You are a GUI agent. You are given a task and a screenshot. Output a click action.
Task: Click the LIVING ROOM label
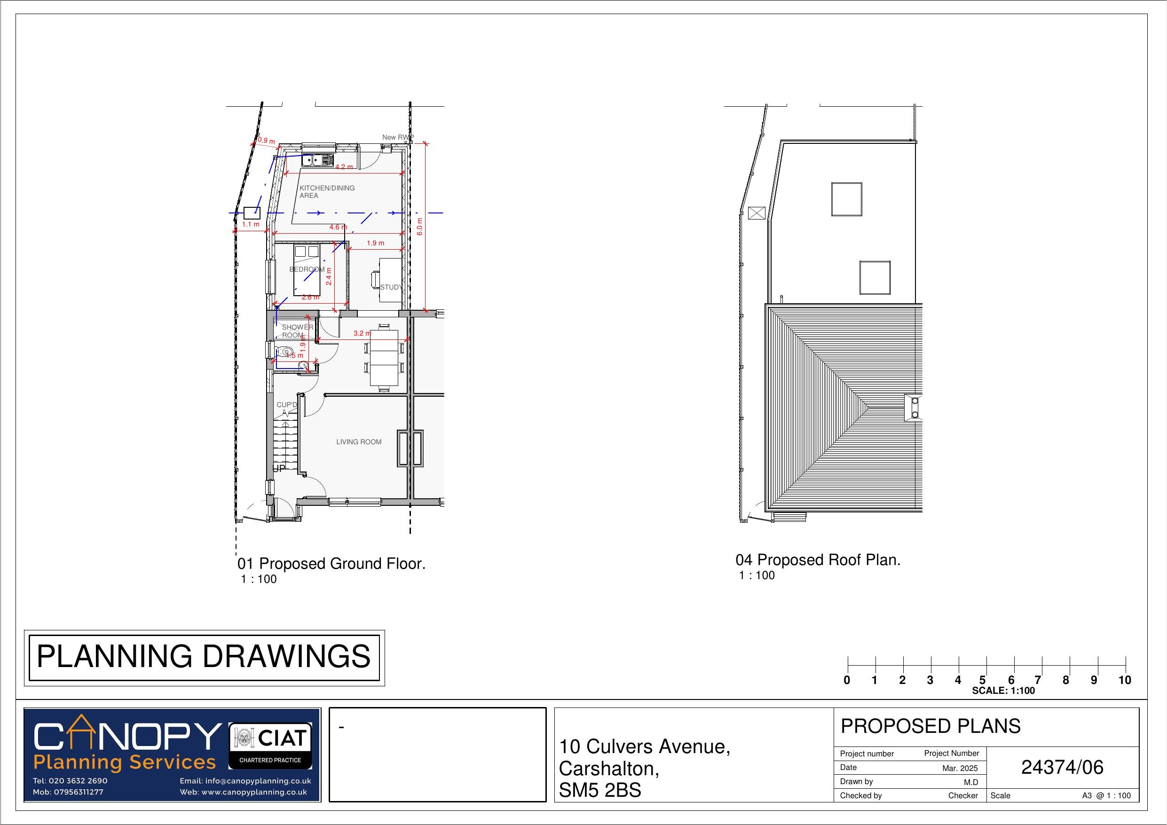coord(358,442)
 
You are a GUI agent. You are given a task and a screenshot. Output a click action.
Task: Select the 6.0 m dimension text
coord(419,226)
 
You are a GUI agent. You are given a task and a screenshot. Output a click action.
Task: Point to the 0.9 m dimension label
coord(266,141)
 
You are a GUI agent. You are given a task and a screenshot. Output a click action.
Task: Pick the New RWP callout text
coord(397,137)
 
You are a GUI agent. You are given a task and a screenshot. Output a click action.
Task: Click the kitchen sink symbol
coord(316,161)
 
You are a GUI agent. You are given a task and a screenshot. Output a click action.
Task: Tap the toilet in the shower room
coord(285,351)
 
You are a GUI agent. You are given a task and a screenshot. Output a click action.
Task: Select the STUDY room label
coord(391,287)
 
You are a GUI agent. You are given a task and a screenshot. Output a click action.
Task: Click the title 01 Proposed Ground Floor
coord(331,564)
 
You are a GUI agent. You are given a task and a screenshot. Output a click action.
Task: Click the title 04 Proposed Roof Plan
coord(818,560)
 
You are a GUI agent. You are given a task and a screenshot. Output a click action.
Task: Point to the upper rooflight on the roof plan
coord(847,199)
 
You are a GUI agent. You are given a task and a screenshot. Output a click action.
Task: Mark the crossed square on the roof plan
coord(757,213)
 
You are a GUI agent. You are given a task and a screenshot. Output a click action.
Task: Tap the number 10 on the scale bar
coord(1124,681)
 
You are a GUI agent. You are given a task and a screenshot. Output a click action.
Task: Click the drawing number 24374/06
coord(1062,768)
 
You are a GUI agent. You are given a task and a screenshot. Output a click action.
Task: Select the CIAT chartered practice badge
coord(270,746)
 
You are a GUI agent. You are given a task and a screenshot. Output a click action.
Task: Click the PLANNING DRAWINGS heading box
coord(204,657)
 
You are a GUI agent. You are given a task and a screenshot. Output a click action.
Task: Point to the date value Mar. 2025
coord(960,769)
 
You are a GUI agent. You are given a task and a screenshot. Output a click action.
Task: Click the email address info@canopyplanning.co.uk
coord(245,781)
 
